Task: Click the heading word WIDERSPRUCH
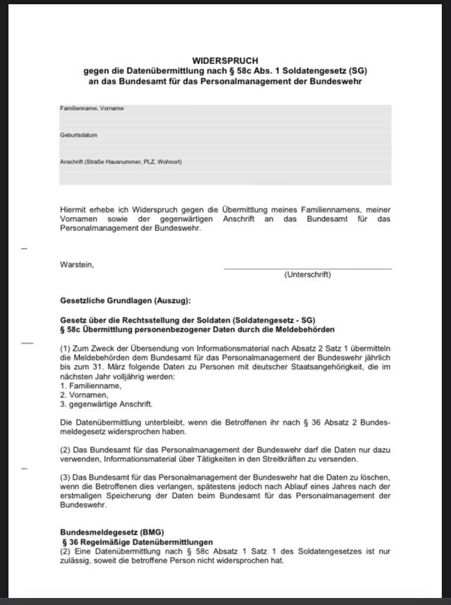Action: point(225,61)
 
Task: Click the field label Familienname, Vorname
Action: point(92,108)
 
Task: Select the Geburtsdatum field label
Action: point(78,135)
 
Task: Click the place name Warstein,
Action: point(77,265)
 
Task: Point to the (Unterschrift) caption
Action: point(307,275)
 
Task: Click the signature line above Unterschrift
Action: point(307,268)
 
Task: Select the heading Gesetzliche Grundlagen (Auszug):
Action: point(125,301)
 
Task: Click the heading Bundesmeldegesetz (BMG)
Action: point(112,532)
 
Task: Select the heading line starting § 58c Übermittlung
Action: point(197,330)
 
